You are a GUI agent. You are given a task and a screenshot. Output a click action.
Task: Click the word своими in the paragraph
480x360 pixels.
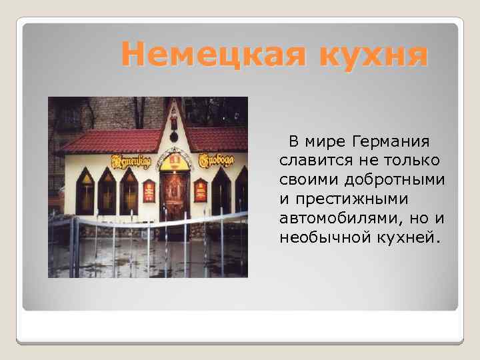307,181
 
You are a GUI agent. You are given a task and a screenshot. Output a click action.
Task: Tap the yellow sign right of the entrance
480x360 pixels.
213,161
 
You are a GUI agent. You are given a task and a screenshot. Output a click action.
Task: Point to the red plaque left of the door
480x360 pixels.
149,191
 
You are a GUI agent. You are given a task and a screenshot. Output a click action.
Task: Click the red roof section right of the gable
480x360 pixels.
217,139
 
